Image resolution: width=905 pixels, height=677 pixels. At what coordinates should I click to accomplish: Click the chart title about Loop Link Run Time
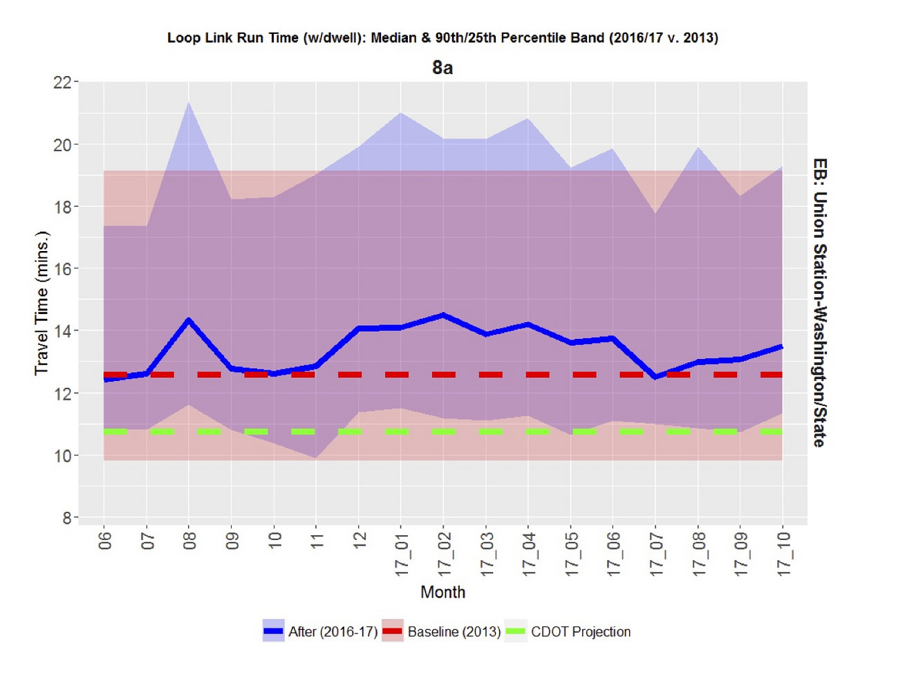(442, 38)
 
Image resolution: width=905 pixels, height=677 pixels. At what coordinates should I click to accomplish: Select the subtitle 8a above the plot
(442, 68)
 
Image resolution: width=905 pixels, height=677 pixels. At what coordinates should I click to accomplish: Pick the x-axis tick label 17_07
(656, 554)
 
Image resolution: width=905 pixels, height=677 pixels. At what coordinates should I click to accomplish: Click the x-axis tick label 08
(189, 541)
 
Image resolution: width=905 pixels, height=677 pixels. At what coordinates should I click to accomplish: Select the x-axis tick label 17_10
(783, 554)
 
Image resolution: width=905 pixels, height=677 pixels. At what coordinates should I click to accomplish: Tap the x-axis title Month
(442, 592)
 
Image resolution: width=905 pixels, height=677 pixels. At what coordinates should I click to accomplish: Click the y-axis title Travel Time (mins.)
(41, 304)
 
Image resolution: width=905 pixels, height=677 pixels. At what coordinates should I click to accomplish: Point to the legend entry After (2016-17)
(320, 631)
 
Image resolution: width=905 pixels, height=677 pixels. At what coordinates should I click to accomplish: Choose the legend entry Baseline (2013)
(441, 631)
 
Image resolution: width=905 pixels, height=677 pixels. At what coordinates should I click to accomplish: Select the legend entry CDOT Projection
(568, 631)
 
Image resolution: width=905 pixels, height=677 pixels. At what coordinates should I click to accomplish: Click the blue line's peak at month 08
(189, 320)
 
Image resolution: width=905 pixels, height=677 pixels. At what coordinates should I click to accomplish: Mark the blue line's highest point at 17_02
(443, 315)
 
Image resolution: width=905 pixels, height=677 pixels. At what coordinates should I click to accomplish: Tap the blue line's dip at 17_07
(655, 377)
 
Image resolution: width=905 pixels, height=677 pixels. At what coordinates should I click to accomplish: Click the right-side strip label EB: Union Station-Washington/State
(820, 303)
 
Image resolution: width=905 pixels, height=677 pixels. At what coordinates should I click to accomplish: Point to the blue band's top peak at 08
(189, 102)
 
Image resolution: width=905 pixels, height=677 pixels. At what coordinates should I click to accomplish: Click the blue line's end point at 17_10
(782, 347)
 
